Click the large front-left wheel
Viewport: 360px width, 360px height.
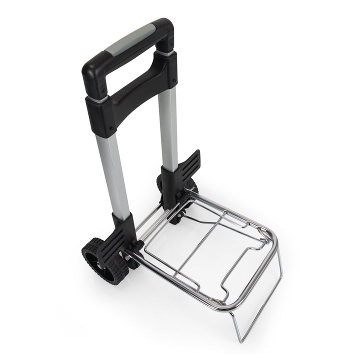point(98,260)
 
